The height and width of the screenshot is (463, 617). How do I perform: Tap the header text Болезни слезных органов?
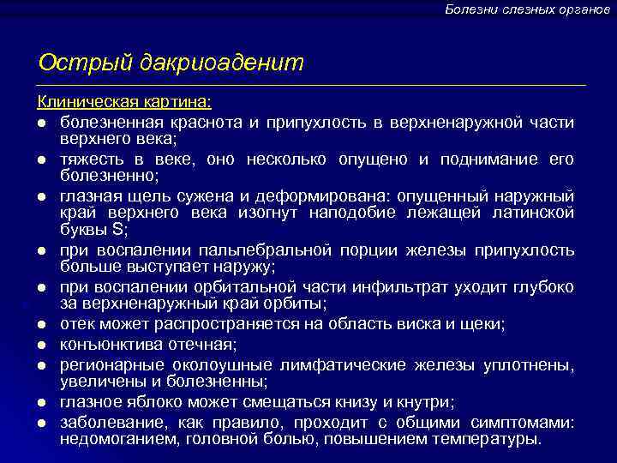[527, 9]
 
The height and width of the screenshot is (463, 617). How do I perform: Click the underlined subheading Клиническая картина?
[125, 102]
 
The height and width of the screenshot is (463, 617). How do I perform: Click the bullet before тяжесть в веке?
[41, 159]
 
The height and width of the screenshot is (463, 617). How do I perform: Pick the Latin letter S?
[118, 230]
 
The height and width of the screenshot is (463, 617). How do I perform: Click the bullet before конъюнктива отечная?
[41, 345]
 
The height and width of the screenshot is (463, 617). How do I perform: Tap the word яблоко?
[151, 402]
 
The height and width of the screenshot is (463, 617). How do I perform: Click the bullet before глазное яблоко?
[41, 402]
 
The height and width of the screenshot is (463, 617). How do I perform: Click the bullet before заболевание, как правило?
[41, 423]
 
